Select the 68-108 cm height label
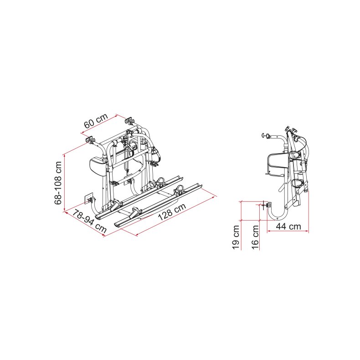58,182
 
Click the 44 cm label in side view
289,226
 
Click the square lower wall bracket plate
89,197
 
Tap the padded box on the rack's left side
98,166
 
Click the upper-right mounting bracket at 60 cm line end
129,121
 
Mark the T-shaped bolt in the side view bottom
264,206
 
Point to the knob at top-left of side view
265,135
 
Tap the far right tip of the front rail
201,185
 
